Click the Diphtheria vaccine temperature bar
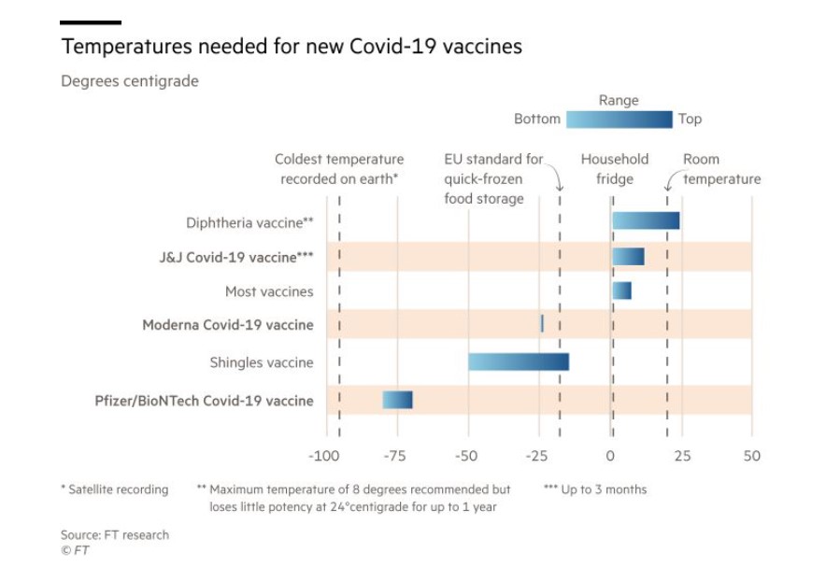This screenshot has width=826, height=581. [646, 220]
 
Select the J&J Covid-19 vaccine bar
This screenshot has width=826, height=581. [628, 256]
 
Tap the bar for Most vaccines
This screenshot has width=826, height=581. [621, 290]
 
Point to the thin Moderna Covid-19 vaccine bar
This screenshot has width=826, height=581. [542, 324]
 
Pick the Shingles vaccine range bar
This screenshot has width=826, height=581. [519, 361]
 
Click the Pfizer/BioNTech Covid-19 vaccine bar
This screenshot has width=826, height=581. [397, 400]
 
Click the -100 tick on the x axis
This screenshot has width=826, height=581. [324, 456]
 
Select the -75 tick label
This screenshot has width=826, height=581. [395, 456]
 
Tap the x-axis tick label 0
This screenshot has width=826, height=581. [610, 456]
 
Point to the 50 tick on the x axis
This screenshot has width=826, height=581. [751, 456]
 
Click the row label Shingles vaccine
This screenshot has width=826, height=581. [262, 362]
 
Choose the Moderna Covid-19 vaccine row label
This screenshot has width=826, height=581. [228, 325]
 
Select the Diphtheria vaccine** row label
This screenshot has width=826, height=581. [249, 222]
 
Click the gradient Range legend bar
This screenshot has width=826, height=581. [619, 120]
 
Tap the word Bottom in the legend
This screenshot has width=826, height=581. [537, 120]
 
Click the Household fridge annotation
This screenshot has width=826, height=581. [614, 169]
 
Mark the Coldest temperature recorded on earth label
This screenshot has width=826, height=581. [339, 169]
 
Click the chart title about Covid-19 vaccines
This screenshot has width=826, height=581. [292, 46]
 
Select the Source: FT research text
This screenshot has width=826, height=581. [115, 535]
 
